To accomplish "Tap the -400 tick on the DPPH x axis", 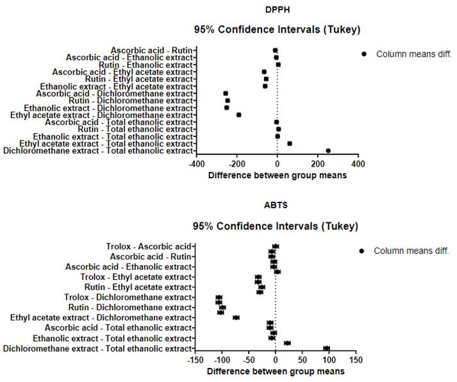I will (197, 163).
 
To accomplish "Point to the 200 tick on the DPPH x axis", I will (317, 163).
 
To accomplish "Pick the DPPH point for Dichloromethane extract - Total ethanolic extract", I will (328, 151).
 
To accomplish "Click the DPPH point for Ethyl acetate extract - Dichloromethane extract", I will (238, 115).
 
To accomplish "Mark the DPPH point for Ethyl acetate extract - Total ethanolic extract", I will (290, 144).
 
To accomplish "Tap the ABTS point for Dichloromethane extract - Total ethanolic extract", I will (326, 348).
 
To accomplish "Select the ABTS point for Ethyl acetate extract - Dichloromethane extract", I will (236, 317).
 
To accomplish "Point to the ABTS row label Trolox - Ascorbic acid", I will (149, 246).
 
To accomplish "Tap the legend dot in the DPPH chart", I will (364, 54).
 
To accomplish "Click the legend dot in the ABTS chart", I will (362, 251).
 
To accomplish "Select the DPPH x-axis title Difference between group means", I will (278, 174).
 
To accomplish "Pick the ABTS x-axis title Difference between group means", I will (275, 371).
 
